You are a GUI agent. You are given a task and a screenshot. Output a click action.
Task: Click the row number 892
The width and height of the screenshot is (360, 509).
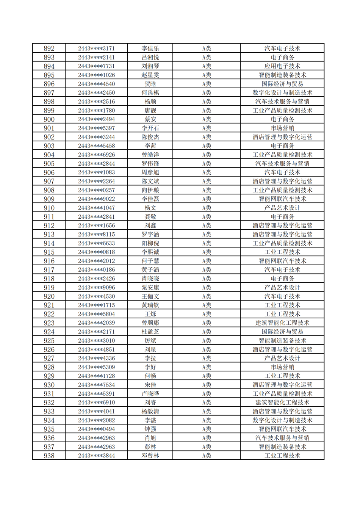pyautogui.click(x=49, y=49)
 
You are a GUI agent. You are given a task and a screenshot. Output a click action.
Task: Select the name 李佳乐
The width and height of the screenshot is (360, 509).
pyautogui.click(x=150, y=49)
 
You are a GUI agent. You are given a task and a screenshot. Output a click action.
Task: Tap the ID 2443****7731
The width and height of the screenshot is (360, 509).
pyautogui.click(x=96, y=66)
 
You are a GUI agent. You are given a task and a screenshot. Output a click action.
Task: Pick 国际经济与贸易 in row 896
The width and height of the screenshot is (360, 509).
pyautogui.click(x=282, y=84)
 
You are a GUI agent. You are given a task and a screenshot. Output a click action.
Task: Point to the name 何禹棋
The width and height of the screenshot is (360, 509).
pyautogui.click(x=150, y=93)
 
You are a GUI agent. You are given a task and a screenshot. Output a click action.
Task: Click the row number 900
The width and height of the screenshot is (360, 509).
pyautogui.click(x=49, y=119)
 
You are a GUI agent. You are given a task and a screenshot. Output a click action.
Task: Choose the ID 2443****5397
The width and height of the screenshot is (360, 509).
pyautogui.click(x=96, y=128)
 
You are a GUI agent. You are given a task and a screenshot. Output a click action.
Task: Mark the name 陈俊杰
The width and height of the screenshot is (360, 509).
pyautogui.click(x=150, y=137)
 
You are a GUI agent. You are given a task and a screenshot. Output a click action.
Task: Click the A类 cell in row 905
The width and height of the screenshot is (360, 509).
pyautogui.click(x=207, y=164)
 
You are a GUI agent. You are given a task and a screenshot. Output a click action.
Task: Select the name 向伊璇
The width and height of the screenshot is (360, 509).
pyautogui.click(x=150, y=190)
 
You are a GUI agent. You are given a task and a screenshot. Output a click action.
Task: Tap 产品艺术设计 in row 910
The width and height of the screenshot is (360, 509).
pyautogui.click(x=282, y=208)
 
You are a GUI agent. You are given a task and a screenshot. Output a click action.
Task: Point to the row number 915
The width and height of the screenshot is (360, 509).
pyautogui.click(x=49, y=252)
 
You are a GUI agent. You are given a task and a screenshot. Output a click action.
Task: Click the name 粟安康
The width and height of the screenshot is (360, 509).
pyautogui.click(x=150, y=288)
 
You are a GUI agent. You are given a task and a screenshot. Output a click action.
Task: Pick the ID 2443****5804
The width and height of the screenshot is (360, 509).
pyautogui.click(x=96, y=314)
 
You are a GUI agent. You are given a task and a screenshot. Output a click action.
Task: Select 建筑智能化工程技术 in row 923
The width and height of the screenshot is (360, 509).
pyautogui.click(x=282, y=323)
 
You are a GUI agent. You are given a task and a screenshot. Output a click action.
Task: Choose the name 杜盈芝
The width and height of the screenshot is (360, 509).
pyautogui.click(x=150, y=332)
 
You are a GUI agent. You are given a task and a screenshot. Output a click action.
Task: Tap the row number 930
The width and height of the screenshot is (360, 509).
pyautogui.click(x=49, y=385)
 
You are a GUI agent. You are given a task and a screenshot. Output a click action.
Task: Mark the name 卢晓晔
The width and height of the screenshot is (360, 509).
pyautogui.click(x=150, y=394)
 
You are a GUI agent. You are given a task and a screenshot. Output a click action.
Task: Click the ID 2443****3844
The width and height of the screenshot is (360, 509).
pyautogui.click(x=96, y=456)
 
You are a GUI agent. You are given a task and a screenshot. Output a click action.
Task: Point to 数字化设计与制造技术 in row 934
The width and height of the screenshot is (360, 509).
pyautogui.click(x=282, y=420)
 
